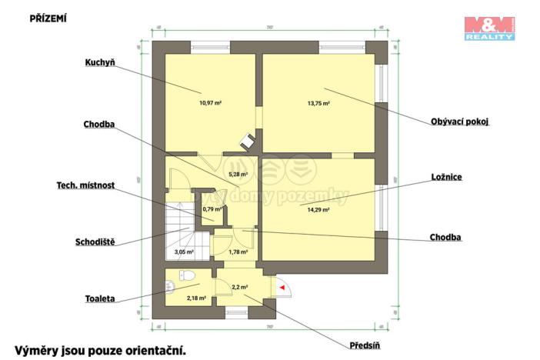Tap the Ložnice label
pos(447,176)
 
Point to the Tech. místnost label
pos(85,185)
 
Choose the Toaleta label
pos(100,300)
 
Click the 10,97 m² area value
pos(210,102)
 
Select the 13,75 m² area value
pos(318,102)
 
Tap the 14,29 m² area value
pos(318,209)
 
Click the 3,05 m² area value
pos(183,252)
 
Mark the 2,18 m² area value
pos(196,298)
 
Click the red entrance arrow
pos(282,288)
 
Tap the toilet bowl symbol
pos(186,275)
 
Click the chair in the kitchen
pos(248,141)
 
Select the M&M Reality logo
pos(489,28)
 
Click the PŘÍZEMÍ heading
pos(48,18)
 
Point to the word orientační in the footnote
pos(151,350)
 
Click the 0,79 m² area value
pos(212,208)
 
